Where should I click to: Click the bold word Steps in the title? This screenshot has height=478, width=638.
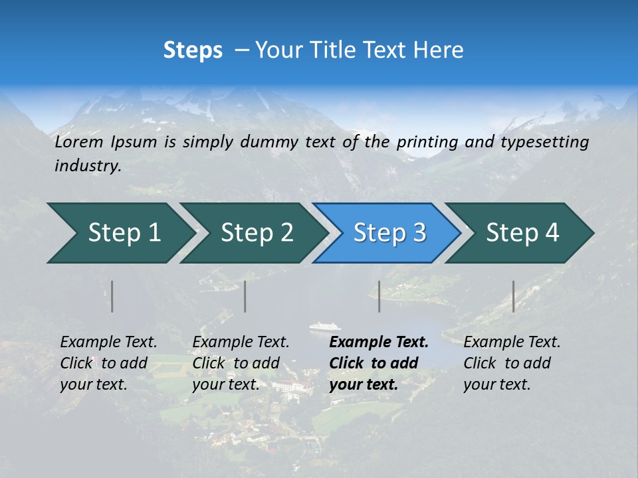[x=193, y=50]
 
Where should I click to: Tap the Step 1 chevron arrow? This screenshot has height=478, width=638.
[x=120, y=233]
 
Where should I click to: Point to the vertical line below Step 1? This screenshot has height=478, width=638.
[x=112, y=296]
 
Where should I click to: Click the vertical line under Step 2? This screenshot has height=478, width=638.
[x=245, y=296]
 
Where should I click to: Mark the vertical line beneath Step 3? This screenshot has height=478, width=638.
[x=379, y=296]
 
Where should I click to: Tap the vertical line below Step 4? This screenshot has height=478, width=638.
[x=514, y=296]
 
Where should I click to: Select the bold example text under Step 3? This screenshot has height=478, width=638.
[x=379, y=363]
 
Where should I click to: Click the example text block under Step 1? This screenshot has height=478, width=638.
[x=108, y=363]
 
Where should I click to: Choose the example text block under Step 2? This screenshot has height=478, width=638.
[x=241, y=363]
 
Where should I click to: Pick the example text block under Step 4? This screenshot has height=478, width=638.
[x=512, y=363]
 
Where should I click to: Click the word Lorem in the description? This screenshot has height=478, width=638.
[x=79, y=142]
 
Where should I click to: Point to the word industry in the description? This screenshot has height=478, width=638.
[x=87, y=166]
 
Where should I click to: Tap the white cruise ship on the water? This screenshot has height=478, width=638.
[x=325, y=327]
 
